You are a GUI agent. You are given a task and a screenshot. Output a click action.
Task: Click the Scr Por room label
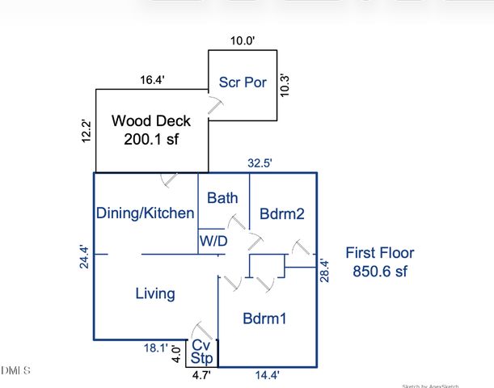click(243, 83)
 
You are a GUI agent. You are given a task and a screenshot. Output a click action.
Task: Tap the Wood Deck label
click(151, 121)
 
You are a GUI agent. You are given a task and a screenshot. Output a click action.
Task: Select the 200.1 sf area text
click(151, 139)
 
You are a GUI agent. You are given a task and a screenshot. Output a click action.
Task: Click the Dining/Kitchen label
click(145, 213)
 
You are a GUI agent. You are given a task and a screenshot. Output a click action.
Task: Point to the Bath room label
click(222, 198)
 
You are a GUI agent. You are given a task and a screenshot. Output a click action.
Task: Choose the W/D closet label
click(213, 240)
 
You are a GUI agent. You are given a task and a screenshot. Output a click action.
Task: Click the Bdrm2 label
click(281, 214)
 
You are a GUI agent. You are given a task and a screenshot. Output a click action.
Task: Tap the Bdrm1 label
click(265, 318)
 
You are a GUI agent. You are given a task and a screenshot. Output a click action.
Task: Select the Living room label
click(154, 293)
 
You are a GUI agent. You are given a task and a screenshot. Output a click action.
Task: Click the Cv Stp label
click(201, 352)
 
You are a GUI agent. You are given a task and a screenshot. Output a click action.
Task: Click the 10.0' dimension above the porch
click(243, 40)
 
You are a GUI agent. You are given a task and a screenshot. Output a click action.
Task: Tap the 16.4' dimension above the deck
click(152, 79)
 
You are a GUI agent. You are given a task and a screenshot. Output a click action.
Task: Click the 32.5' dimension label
click(260, 162)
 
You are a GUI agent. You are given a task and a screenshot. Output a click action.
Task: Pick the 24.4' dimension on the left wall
click(84, 257)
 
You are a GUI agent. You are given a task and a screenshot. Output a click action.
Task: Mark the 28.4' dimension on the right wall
click(324, 270)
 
